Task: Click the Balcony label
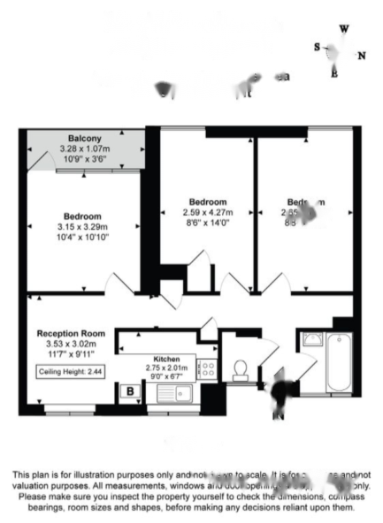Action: coord(85,138)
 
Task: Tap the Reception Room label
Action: coord(71,334)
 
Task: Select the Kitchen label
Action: coord(166,359)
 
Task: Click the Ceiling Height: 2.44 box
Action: coord(70,372)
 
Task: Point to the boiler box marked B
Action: coord(129,392)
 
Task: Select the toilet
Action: coord(240,370)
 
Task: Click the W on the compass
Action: coord(344,29)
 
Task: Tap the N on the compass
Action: coord(362,56)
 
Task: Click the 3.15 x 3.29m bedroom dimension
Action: coord(83,227)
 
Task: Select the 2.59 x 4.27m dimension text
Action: coord(208,212)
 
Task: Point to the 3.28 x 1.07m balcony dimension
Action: coord(85,148)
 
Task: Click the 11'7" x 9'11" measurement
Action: coord(71,353)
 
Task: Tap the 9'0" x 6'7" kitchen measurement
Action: coord(166,377)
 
